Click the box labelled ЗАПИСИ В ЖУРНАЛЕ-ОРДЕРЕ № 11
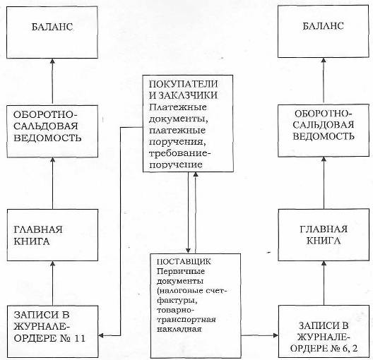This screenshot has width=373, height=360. point(52,332)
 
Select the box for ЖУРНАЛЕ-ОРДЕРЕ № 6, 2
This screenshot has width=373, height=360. point(324,331)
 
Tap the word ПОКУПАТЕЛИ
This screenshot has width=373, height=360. point(183,84)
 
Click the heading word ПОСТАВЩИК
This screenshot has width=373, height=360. point(184,261)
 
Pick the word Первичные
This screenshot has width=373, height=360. point(181,271)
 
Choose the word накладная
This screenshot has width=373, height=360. point(179,330)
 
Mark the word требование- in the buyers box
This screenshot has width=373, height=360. point(180,153)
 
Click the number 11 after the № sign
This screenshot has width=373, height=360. point(79,338)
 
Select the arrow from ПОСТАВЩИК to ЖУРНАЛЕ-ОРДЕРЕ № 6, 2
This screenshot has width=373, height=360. point(260,335)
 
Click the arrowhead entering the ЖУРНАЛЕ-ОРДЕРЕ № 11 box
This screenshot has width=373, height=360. point(100,335)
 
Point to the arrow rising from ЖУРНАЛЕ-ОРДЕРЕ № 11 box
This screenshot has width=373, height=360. point(53,283)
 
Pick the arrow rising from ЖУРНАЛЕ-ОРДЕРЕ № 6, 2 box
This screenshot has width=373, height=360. point(324,283)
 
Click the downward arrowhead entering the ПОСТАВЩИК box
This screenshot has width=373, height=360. point(188,251)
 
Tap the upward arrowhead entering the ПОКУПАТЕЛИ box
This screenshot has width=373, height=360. point(196,174)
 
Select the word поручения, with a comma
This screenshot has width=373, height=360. point(177,142)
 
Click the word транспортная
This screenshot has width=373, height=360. point(186,320)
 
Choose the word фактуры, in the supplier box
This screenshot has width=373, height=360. point(177,301)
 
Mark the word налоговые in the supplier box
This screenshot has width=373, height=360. point(181,291)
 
